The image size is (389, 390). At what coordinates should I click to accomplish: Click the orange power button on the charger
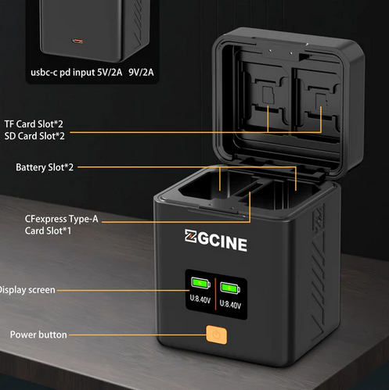click(216, 335)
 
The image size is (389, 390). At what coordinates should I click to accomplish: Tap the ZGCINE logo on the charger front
click(216, 240)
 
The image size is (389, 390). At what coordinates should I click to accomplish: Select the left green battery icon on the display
click(200, 283)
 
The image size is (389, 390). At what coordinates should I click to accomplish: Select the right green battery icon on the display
click(230, 288)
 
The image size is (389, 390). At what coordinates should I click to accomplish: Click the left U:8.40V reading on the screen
click(200, 299)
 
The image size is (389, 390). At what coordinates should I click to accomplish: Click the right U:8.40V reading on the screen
click(230, 304)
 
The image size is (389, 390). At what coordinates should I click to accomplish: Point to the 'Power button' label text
click(38, 335)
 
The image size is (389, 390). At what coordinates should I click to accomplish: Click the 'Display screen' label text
click(27, 290)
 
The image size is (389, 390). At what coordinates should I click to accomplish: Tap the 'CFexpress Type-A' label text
click(62, 219)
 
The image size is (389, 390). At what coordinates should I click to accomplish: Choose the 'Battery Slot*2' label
click(45, 167)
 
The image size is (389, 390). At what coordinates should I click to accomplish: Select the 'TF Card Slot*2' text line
click(34, 124)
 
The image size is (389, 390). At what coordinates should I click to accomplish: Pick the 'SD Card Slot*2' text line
click(34, 136)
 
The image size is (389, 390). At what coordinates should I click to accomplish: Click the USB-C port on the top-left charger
click(77, 41)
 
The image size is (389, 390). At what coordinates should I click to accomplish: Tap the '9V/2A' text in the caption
click(141, 72)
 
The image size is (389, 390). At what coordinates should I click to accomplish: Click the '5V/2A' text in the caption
click(110, 72)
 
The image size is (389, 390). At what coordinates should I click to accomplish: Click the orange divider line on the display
click(215, 294)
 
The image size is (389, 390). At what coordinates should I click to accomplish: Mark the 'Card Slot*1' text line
click(48, 231)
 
